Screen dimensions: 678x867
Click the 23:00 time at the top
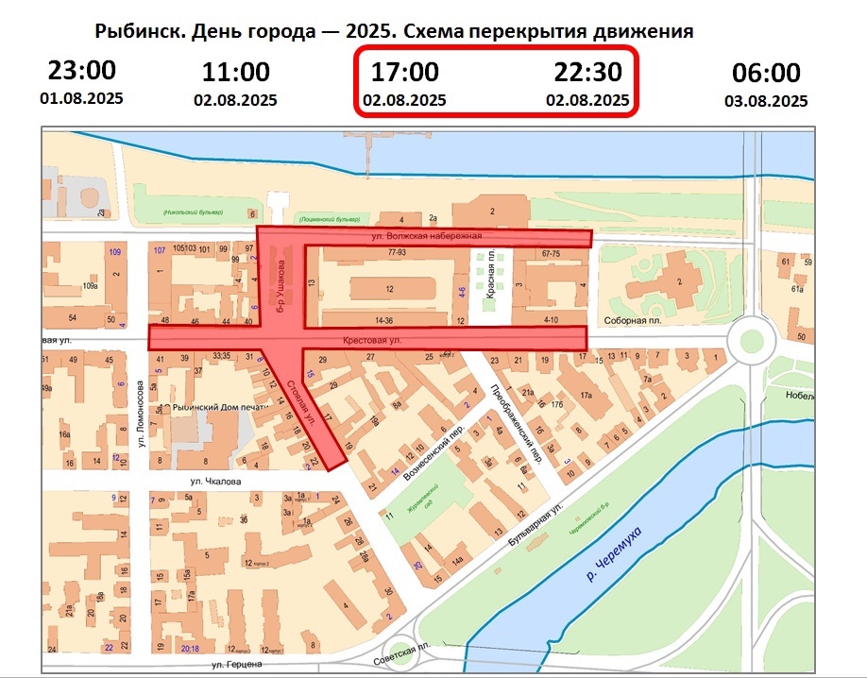(x=81, y=71)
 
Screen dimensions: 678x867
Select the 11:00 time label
(x=235, y=72)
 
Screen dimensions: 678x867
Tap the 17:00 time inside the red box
(x=404, y=72)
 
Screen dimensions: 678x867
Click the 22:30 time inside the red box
(x=586, y=72)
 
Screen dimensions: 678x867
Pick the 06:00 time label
(x=766, y=73)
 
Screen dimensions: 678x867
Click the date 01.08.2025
(x=81, y=97)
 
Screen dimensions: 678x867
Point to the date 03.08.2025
(x=766, y=100)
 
